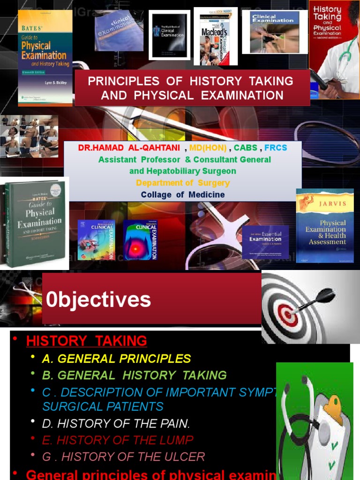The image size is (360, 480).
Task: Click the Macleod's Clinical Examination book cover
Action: pyautogui.click(x=216, y=37)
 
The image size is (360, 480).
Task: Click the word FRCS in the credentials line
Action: pyautogui.click(x=276, y=148)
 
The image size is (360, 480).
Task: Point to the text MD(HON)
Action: pyautogui.click(x=208, y=148)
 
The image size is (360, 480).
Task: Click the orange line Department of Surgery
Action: pyautogui.click(x=183, y=183)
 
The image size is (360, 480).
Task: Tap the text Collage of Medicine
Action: pyautogui.click(x=183, y=195)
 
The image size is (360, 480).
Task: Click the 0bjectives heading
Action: pyautogui.click(x=98, y=300)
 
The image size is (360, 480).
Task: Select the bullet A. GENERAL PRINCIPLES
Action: pyautogui.click(x=116, y=359)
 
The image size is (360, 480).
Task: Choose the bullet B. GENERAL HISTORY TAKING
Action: pyautogui.click(x=134, y=375)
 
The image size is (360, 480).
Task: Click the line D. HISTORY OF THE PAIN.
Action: pyautogui.click(x=116, y=424)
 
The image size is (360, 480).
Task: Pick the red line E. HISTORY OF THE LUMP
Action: pyautogui.click(x=118, y=440)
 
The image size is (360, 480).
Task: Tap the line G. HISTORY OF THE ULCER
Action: pyautogui.click(x=123, y=456)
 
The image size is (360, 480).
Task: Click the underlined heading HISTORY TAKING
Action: pyautogui.click(x=87, y=341)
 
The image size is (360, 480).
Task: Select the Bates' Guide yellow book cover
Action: pyautogui.click(x=45, y=56)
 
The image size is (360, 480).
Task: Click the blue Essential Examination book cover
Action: pyautogui.click(x=265, y=241)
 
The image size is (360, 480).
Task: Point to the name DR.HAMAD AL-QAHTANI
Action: pyautogui.click(x=129, y=148)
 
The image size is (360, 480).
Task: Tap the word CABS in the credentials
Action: pyautogui.click(x=246, y=148)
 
